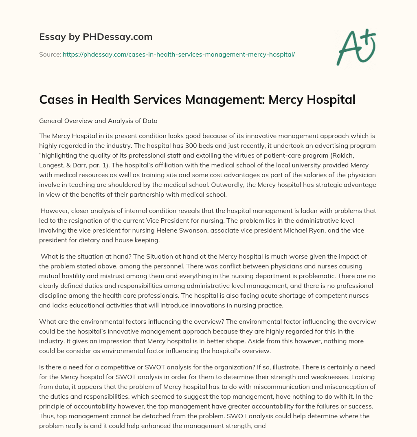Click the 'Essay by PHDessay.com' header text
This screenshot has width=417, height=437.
point(96,37)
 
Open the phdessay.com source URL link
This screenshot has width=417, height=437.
point(178,54)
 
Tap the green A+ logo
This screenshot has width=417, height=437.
point(356,47)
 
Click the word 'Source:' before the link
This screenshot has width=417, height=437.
point(50,54)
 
